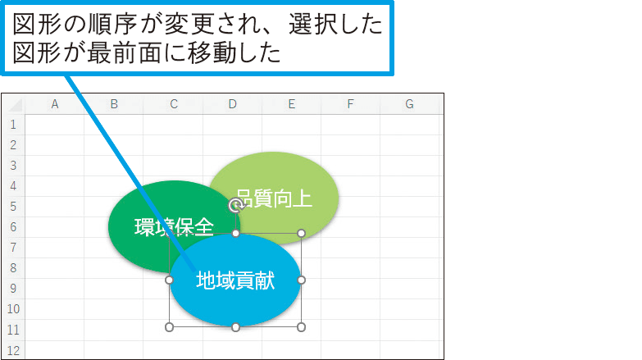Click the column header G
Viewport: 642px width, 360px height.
[x=408, y=103]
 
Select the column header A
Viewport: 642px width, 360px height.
[x=55, y=103]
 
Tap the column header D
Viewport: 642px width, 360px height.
[x=233, y=103]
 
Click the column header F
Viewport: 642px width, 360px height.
[x=350, y=103]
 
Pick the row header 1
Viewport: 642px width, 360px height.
[x=13, y=124]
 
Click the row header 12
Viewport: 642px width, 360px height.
[x=13, y=350]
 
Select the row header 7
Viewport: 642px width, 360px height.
[x=13, y=247]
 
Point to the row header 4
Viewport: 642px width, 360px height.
[x=13, y=185]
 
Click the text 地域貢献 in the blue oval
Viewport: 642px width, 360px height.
[x=235, y=281]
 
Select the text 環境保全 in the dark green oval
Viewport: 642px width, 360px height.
[x=174, y=226]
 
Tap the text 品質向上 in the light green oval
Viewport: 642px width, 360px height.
[x=273, y=198]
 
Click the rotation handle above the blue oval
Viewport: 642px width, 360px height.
[x=234, y=205]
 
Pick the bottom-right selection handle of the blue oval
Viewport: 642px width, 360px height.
[x=301, y=327]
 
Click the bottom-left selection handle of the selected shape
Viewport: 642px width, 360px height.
[x=170, y=327]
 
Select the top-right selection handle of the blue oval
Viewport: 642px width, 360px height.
[x=301, y=234]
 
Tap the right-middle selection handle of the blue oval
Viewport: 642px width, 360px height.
[x=301, y=280]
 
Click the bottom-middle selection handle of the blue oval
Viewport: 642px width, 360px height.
[x=235, y=327]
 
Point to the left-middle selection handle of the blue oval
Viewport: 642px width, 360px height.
[x=170, y=280]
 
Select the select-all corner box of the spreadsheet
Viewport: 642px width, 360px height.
[x=13, y=103]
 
